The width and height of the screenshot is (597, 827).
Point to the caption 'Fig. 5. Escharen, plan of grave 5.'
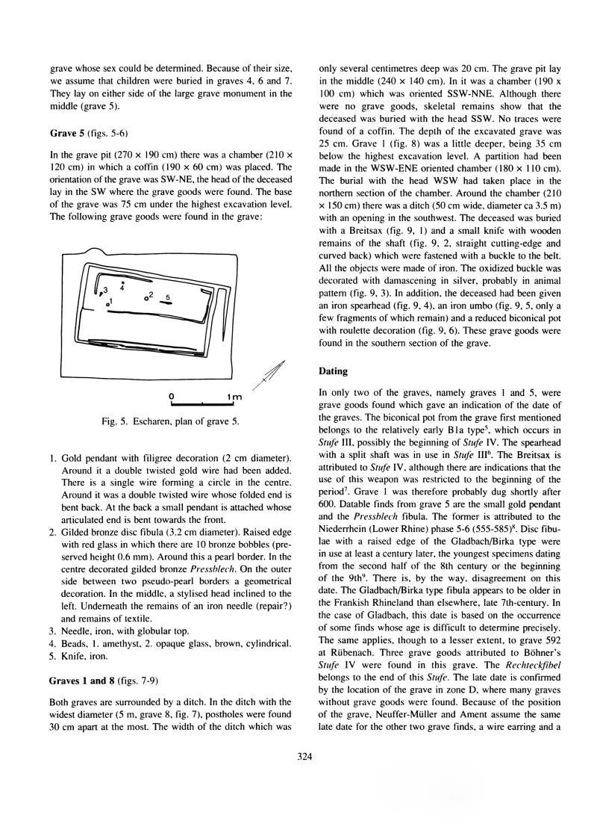click(x=171, y=422)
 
